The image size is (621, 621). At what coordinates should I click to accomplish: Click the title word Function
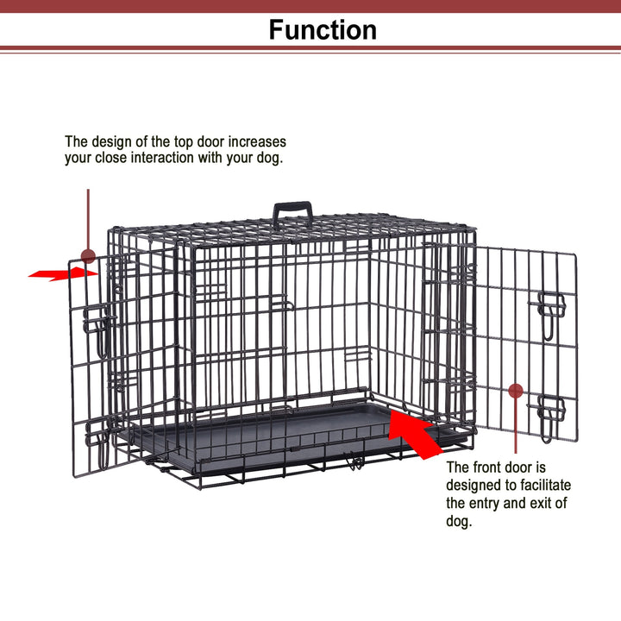pyautogui.click(x=323, y=29)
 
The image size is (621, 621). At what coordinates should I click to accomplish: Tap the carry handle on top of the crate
pyautogui.click(x=293, y=211)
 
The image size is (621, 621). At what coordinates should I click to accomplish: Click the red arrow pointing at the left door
pyautogui.click(x=62, y=273)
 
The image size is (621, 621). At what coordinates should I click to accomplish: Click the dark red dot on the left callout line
pyautogui.click(x=88, y=255)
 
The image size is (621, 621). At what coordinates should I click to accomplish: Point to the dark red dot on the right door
pyautogui.click(x=516, y=391)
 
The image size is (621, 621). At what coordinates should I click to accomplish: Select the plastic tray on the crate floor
pyautogui.click(x=259, y=431)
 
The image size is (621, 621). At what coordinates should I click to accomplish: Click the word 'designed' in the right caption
pyautogui.click(x=475, y=486)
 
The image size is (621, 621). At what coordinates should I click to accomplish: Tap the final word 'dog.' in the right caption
pyautogui.click(x=460, y=522)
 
